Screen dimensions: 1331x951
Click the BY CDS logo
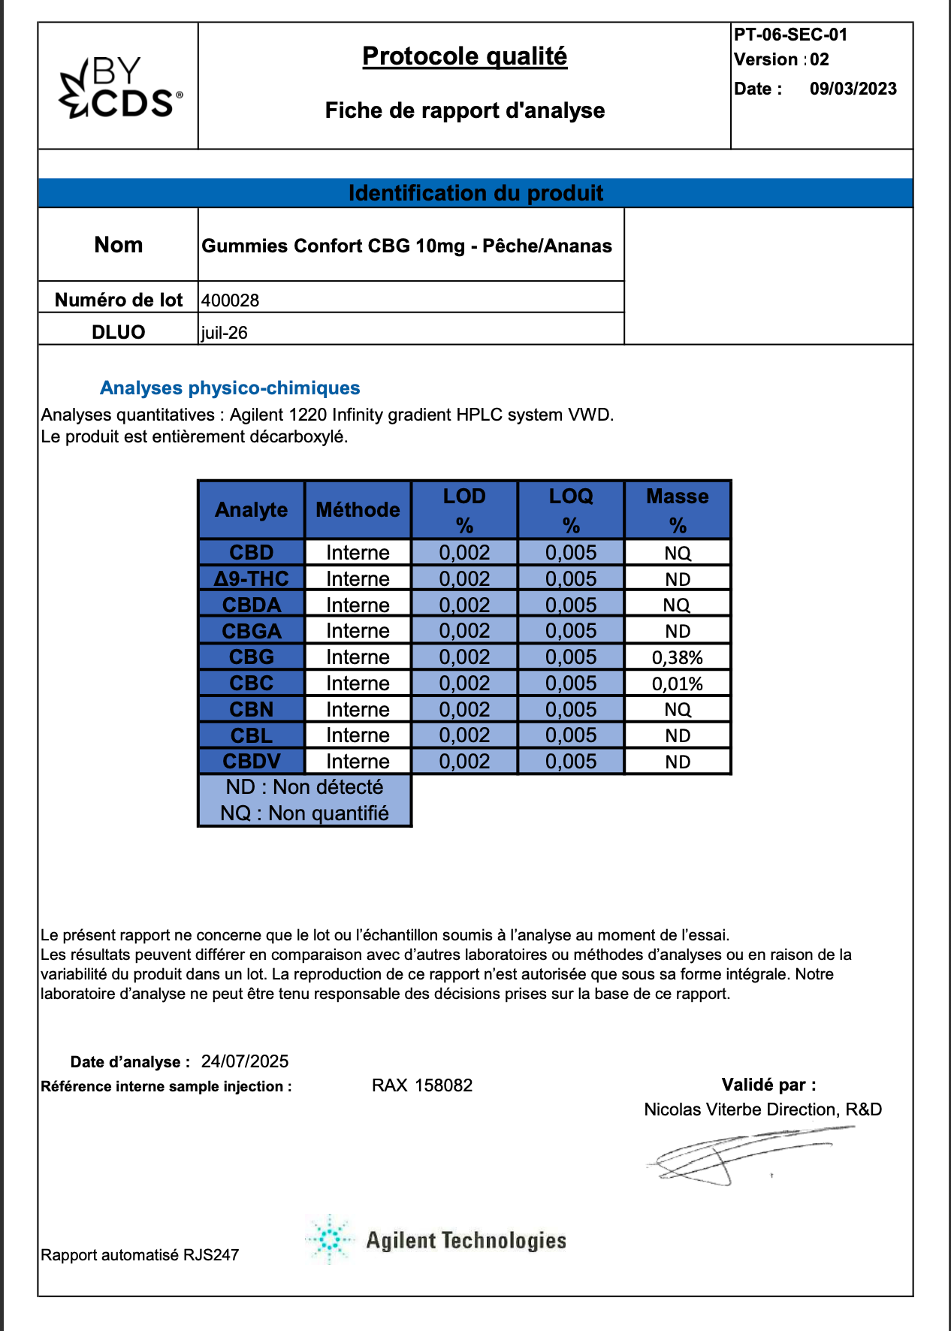pyautogui.click(x=120, y=88)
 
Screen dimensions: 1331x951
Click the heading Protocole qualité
pyautogui.click(x=464, y=56)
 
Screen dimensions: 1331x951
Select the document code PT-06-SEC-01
pyautogui.click(x=790, y=35)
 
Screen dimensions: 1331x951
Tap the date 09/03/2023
pyautogui.click(x=853, y=89)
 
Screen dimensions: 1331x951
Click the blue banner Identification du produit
pyautogui.click(x=475, y=193)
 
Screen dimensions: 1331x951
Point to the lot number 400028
pyautogui.click(x=231, y=300)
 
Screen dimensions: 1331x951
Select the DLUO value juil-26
pyautogui.click(x=225, y=333)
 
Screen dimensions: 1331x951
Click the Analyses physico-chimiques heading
pyautogui.click(x=230, y=388)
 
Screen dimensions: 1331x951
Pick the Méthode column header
pyautogui.click(x=358, y=510)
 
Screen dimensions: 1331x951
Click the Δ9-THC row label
pyautogui.click(x=252, y=578)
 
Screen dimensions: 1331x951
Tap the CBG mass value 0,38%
pyautogui.click(x=677, y=658)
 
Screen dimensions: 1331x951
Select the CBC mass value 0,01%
pyautogui.click(x=677, y=684)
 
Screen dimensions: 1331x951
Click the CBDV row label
pyautogui.click(x=252, y=762)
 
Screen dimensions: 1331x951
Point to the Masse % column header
pyautogui.click(x=677, y=510)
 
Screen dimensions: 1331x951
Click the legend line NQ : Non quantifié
pyautogui.click(x=304, y=813)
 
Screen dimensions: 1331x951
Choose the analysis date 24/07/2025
pyautogui.click(x=245, y=1061)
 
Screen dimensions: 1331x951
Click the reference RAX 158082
pyautogui.click(x=422, y=1085)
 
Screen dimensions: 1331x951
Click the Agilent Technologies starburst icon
pyautogui.click(x=329, y=1239)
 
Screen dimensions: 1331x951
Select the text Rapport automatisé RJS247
pyautogui.click(x=140, y=1255)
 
